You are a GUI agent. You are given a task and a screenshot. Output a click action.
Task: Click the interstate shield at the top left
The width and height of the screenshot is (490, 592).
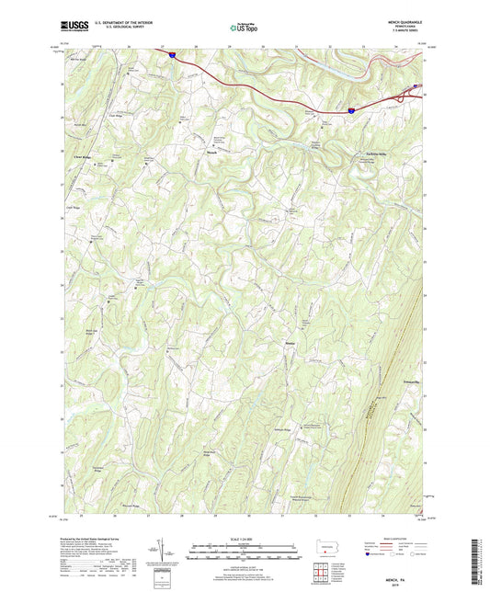tap(172, 54)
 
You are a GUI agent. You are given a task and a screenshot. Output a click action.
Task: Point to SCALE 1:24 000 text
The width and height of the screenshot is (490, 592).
tap(245, 537)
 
